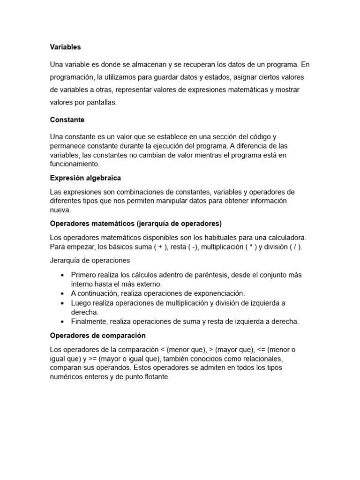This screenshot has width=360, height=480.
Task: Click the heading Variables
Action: click(65, 47)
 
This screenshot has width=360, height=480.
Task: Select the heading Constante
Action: click(67, 120)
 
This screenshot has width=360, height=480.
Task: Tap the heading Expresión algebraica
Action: click(85, 178)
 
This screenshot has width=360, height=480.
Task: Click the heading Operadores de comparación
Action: click(97, 336)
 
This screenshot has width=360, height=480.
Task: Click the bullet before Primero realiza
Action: click(62, 276)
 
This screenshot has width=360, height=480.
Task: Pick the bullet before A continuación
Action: click(62, 293)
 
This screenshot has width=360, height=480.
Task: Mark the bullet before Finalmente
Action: click(62, 322)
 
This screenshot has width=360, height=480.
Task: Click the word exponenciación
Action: click(218, 293)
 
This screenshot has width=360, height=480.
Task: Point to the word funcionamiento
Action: click(75, 164)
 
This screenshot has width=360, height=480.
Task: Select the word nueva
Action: click(60, 210)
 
